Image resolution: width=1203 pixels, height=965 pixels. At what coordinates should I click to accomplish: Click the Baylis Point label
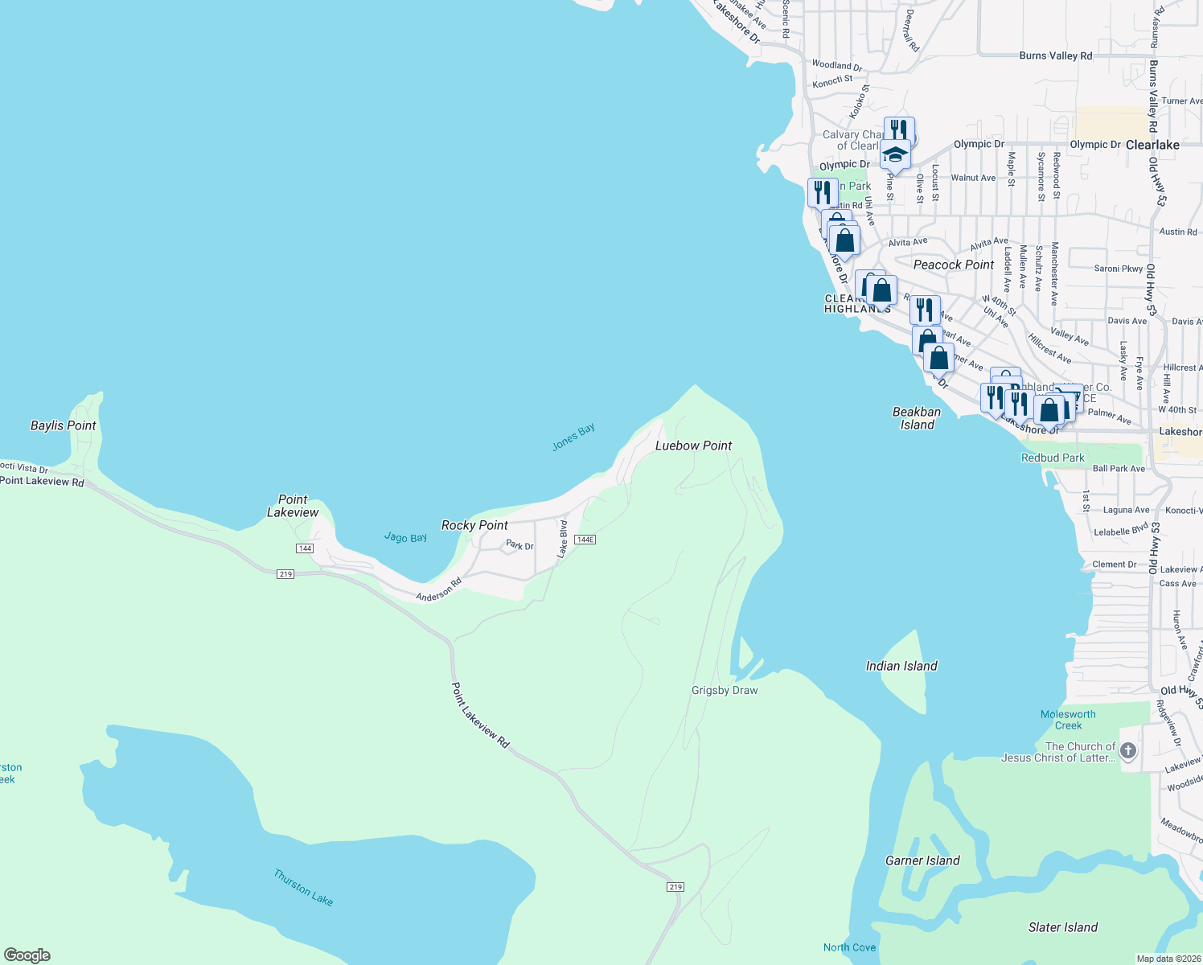click(63, 425)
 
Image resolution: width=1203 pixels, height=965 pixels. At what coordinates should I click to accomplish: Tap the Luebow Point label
click(693, 446)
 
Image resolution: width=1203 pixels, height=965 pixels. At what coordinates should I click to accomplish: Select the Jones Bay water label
click(573, 437)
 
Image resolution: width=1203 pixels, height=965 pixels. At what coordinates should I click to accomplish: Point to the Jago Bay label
click(405, 537)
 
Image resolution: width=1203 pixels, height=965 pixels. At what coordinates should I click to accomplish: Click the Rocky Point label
click(474, 525)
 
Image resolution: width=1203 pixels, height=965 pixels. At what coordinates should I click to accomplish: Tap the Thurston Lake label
click(303, 887)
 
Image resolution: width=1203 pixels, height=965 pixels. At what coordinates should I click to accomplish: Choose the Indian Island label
click(901, 666)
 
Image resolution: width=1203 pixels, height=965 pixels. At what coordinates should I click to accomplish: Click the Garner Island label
click(922, 860)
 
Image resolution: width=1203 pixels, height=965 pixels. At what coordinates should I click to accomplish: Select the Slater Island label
click(1062, 927)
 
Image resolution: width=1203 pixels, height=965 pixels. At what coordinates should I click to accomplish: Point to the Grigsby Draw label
click(725, 690)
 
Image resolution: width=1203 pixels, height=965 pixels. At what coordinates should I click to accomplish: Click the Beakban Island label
click(917, 418)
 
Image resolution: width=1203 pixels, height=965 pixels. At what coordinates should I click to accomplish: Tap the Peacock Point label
click(954, 265)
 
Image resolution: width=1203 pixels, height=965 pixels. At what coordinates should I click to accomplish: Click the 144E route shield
click(585, 540)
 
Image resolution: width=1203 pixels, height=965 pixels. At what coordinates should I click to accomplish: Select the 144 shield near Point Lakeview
click(304, 548)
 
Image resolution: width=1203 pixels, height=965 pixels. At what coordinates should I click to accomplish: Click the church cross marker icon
click(1128, 751)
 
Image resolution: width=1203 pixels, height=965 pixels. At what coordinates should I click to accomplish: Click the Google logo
click(27, 955)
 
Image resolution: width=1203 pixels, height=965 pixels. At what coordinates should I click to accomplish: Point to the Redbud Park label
click(1053, 458)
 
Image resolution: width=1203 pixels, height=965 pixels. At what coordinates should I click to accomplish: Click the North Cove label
click(849, 947)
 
